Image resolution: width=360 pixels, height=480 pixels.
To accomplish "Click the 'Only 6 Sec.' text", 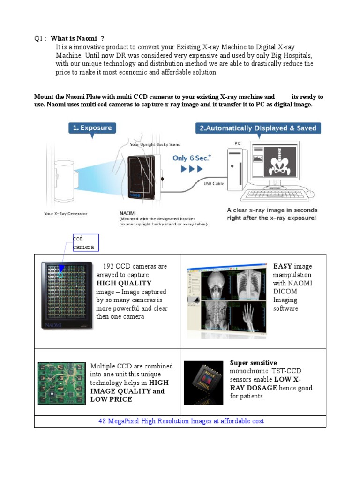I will pyautogui.click(x=192, y=158).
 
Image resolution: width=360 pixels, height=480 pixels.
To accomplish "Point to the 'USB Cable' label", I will pyautogui.click(x=214, y=184).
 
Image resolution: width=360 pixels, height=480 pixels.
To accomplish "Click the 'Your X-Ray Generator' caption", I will pyautogui.click(x=66, y=214).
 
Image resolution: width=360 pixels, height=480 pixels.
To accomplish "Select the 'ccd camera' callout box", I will pyautogui.click(x=85, y=243).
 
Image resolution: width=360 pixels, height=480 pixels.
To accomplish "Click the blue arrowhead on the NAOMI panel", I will pyautogui.click(x=61, y=269).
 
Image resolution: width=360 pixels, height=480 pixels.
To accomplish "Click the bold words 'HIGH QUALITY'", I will pyautogui.click(x=124, y=283).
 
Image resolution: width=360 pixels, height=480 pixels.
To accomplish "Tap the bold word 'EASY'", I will pyautogui.click(x=283, y=266).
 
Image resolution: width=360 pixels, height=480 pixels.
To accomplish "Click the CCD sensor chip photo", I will pyautogui.click(x=203, y=382).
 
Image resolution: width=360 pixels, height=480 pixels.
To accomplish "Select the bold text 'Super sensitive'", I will pyautogui.click(x=253, y=363).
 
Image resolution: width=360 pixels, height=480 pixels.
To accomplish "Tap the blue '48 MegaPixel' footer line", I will pyautogui.click(x=181, y=421).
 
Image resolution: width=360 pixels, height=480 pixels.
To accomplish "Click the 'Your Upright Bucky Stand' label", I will pyautogui.click(x=155, y=144).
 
